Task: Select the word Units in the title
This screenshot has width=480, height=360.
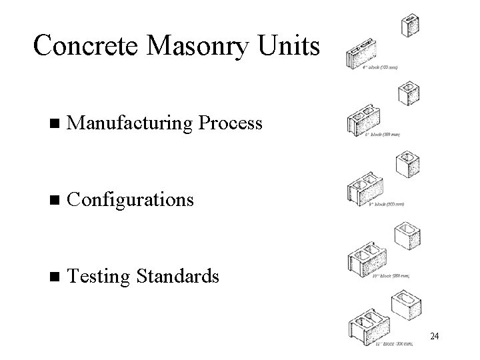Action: (x=289, y=45)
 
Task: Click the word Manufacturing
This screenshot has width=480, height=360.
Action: (x=131, y=123)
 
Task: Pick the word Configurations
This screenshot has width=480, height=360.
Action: (x=131, y=200)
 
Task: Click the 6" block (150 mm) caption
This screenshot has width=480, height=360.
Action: (x=383, y=135)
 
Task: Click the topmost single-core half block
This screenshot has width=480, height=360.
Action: (x=410, y=25)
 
